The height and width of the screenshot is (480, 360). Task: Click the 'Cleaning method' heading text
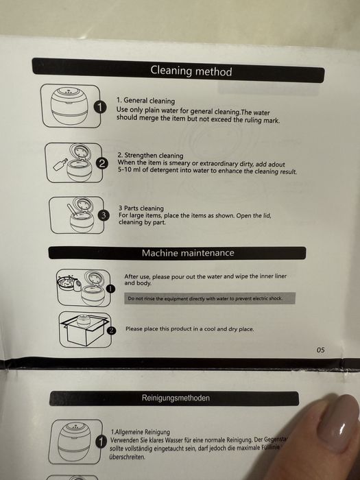tap(191, 71)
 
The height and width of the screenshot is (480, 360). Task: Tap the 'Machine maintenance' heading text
tap(188, 253)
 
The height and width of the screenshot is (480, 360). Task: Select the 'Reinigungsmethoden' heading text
tap(176, 398)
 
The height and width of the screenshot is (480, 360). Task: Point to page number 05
tap(320, 350)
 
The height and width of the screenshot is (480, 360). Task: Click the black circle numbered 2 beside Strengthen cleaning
tap(102, 164)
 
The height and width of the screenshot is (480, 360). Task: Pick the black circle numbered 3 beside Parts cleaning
tap(104, 216)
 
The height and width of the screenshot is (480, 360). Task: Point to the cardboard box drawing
tap(84, 330)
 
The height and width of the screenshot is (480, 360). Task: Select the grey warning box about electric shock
tap(210, 298)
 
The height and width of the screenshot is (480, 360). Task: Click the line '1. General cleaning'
tap(145, 100)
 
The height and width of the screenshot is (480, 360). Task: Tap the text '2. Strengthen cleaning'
tap(151, 155)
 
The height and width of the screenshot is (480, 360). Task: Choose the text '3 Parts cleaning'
tap(141, 208)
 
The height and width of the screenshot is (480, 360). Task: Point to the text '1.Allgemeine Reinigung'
tap(140, 432)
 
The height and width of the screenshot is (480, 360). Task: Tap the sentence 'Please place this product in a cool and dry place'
tap(190, 329)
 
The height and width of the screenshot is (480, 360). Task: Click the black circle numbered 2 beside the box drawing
tap(112, 331)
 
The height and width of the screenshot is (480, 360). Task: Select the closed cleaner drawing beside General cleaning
tap(70, 106)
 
